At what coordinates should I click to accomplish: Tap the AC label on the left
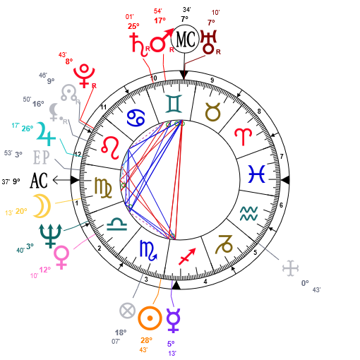[x=39, y=181]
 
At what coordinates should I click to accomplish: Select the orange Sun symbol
[x=150, y=318]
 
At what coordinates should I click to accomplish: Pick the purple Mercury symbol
[x=174, y=320]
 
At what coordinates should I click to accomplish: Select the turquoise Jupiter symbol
[x=46, y=133]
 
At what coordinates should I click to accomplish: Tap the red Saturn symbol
[x=140, y=45]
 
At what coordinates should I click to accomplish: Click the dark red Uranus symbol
[x=208, y=42]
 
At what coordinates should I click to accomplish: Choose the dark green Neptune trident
[x=50, y=236]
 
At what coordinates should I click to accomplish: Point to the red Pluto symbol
[x=84, y=76]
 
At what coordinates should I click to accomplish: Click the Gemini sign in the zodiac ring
[x=174, y=104]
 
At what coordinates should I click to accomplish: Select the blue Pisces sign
[x=257, y=174]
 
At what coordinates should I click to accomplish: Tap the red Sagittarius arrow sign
[x=187, y=256]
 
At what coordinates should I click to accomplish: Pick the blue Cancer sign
[x=136, y=119]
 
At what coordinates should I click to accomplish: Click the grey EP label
[x=42, y=157]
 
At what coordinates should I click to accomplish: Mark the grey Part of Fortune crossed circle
[x=127, y=311]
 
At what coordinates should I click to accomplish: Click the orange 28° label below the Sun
[x=146, y=340]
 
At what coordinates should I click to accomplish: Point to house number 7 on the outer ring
[x=282, y=156]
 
